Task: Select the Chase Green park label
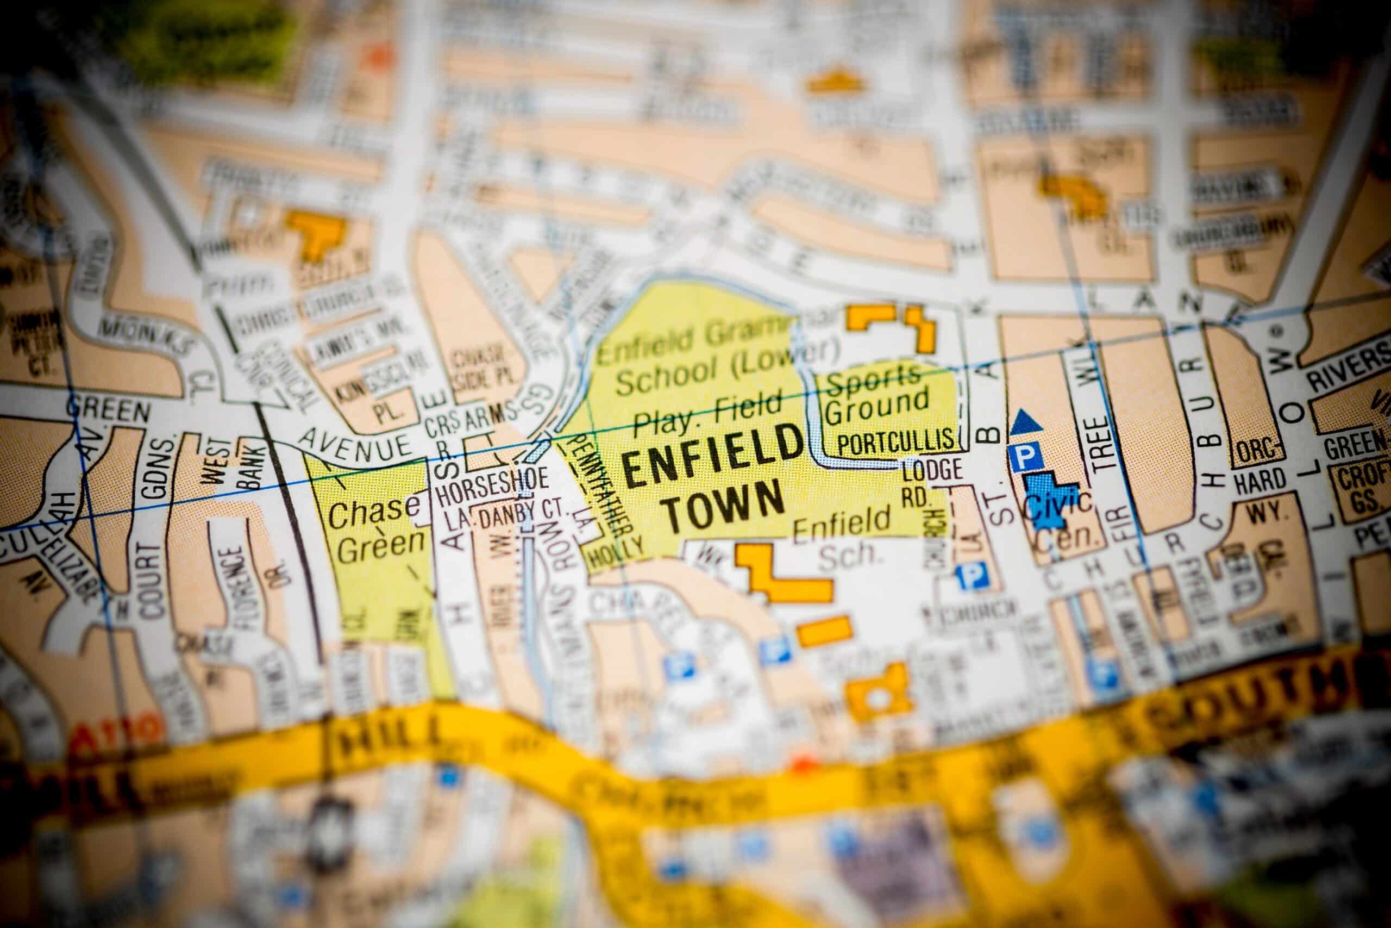(375, 527)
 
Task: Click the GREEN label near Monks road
(108, 410)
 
